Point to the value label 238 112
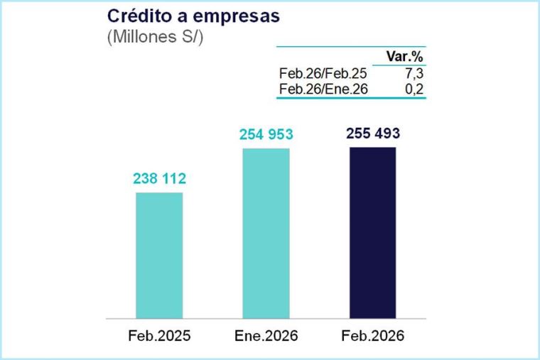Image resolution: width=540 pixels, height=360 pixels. (159, 179)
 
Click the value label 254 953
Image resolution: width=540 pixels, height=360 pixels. (266, 135)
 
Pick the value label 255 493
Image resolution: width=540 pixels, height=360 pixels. (372, 133)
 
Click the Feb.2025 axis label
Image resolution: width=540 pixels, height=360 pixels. (159, 335)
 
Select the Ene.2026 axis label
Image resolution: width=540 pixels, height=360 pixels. (266, 335)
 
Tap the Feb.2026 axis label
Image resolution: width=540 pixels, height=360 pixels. (372, 335)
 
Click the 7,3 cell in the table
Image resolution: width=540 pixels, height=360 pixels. (416, 72)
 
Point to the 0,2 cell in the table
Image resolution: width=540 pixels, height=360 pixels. (416, 89)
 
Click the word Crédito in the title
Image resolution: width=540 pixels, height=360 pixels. (135, 16)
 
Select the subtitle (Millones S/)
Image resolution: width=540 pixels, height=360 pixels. (155, 38)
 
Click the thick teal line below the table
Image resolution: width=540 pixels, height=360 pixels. (351, 98)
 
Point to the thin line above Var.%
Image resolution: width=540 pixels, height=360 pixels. (351, 47)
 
